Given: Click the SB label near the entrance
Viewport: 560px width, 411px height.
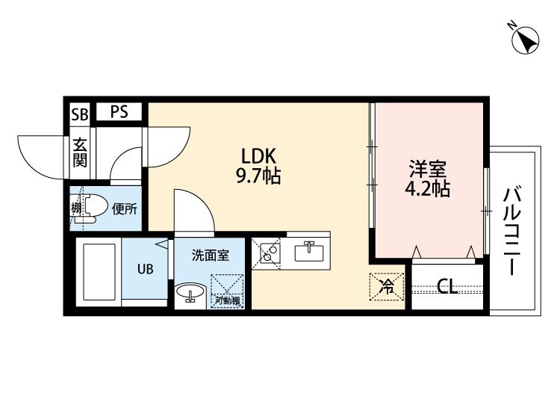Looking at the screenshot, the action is [x=79, y=114].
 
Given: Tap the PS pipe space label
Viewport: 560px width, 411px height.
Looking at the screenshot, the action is [x=119, y=111].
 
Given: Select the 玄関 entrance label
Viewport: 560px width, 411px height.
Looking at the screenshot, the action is [x=80, y=152].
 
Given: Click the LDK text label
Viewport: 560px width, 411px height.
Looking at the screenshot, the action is [x=258, y=156].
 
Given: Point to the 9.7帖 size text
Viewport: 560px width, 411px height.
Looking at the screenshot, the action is [x=258, y=176].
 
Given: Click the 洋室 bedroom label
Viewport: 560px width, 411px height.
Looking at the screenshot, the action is [x=428, y=169].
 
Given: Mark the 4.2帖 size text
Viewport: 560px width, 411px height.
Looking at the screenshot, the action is [x=428, y=188].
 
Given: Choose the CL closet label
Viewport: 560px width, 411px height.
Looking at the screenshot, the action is [x=447, y=286].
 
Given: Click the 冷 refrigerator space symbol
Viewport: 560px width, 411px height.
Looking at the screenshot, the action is [x=387, y=287].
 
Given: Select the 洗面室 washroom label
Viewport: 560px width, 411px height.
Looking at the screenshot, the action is [x=211, y=255].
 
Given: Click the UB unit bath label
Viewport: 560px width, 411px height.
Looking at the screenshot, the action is [x=146, y=269].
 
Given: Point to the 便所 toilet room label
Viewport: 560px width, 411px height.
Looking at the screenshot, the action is [x=124, y=208].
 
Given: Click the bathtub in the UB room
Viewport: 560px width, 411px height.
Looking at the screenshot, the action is [x=99, y=271].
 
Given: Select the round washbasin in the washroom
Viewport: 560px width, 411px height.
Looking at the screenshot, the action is [x=190, y=291].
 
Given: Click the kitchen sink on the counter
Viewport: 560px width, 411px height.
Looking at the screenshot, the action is [x=309, y=252].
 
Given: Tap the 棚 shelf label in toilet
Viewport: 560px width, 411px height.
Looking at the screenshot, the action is [x=75, y=208].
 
